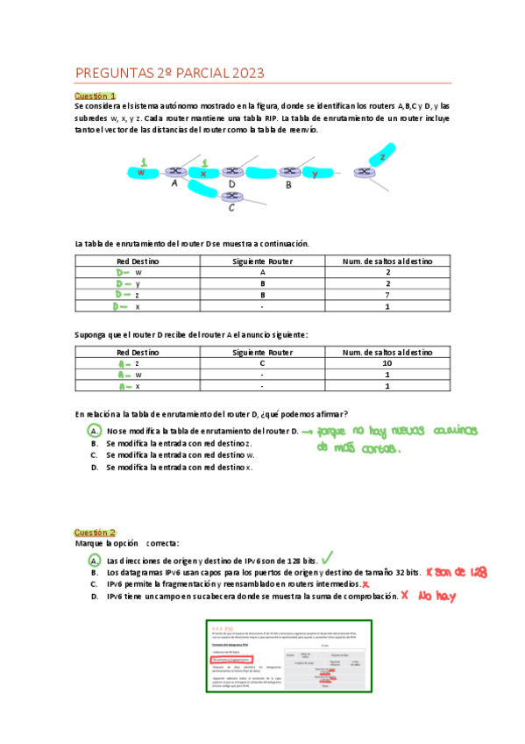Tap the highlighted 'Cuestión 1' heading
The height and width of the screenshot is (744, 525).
(95, 96)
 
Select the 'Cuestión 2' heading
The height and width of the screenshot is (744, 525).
(95, 532)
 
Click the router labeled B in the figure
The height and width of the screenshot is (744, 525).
(287, 173)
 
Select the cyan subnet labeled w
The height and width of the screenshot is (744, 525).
(140, 173)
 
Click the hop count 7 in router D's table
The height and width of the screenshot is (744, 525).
(387, 296)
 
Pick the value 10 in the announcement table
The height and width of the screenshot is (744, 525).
(387, 362)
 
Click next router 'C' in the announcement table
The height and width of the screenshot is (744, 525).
(262, 362)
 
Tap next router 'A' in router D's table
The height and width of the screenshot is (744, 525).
(262, 273)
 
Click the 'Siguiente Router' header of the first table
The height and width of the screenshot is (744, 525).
(262, 261)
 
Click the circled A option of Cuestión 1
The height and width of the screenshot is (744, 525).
(94, 432)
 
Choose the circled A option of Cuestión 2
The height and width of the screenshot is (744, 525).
(94, 559)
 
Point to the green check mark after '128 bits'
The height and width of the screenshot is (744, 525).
(326, 557)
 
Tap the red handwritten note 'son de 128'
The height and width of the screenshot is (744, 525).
(460, 571)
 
